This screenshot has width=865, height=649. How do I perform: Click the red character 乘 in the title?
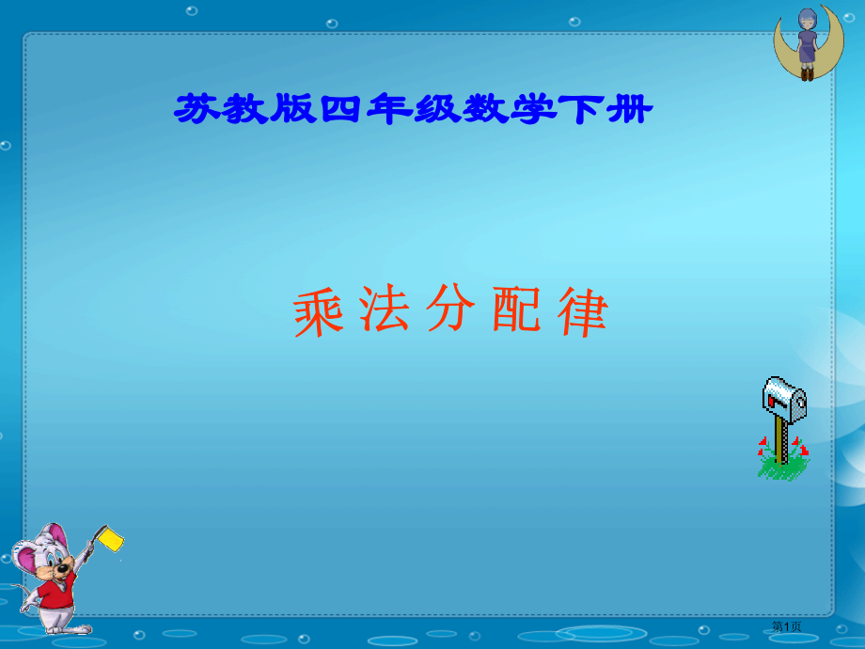pyautogui.click(x=319, y=312)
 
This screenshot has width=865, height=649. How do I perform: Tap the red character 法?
pyautogui.click(x=384, y=309)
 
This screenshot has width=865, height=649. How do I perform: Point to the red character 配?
pyautogui.click(x=516, y=309)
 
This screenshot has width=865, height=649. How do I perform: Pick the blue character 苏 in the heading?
pyautogui.click(x=197, y=109)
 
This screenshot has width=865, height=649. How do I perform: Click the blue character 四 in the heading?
pyautogui.click(x=341, y=109)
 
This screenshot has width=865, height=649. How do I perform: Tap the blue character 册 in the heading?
pyautogui.click(x=629, y=109)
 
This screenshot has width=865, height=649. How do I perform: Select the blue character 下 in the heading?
pyautogui.click(x=581, y=109)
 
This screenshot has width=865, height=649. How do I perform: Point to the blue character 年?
pyautogui.click(x=389, y=109)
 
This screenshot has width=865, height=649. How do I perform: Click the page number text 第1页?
pyautogui.click(x=786, y=625)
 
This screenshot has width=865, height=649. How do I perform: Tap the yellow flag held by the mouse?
pyautogui.click(x=111, y=539)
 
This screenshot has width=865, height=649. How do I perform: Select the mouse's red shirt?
pyautogui.click(x=55, y=592)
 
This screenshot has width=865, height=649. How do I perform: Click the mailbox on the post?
pyautogui.click(x=784, y=399)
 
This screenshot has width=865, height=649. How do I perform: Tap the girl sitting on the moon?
pyautogui.click(x=807, y=44)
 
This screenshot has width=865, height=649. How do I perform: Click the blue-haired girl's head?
pyautogui.click(x=807, y=20)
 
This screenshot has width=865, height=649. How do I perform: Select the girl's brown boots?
pyautogui.click(x=807, y=74)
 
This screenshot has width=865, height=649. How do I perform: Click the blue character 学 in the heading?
pyautogui.click(x=533, y=109)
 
